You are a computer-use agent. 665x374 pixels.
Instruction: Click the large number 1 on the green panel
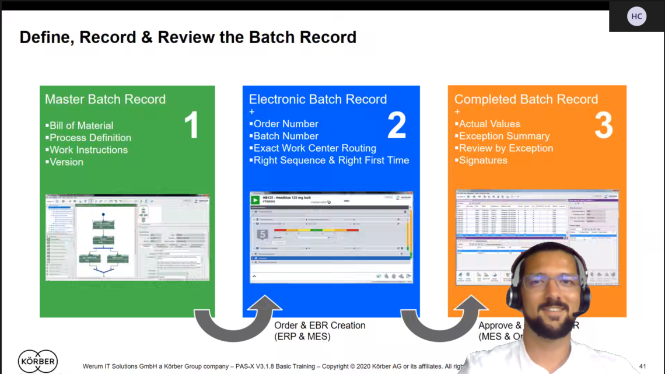point(191,125)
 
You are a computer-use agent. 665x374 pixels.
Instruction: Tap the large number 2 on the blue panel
point(397,125)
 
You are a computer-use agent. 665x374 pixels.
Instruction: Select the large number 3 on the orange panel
point(603,125)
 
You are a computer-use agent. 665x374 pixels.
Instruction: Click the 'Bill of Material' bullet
point(81,125)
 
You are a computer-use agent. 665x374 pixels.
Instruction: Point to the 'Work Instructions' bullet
point(88,150)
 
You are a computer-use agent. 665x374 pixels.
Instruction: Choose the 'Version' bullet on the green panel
point(66,162)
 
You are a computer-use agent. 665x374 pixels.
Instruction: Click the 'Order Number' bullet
point(285,124)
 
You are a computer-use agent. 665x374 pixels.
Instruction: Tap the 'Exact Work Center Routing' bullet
point(314,148)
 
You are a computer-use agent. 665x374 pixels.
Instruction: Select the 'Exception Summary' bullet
point(504,136)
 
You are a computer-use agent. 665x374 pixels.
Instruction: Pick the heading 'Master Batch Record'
point(105,99)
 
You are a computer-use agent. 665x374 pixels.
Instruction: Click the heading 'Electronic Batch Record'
point(318,99)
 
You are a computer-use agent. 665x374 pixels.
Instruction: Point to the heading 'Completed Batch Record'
point(526,99)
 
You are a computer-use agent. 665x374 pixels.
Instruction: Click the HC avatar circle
point(636,16)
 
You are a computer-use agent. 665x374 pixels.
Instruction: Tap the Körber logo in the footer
point(38,361)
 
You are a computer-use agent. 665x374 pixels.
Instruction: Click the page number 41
point(642,366)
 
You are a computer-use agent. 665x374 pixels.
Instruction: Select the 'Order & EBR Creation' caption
point(320,326)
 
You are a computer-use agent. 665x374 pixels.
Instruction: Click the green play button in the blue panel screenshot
point(255,200)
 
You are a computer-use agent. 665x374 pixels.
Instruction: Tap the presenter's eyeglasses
point(550,282)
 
